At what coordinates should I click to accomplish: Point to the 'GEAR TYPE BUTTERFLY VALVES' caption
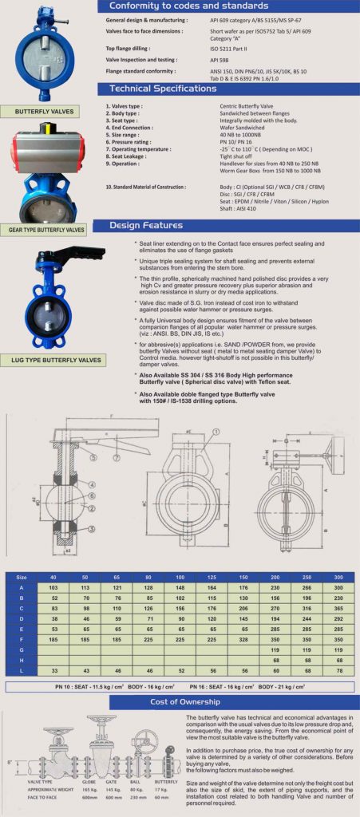pos(46,230)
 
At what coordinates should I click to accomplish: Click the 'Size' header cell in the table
pos(22,577)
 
